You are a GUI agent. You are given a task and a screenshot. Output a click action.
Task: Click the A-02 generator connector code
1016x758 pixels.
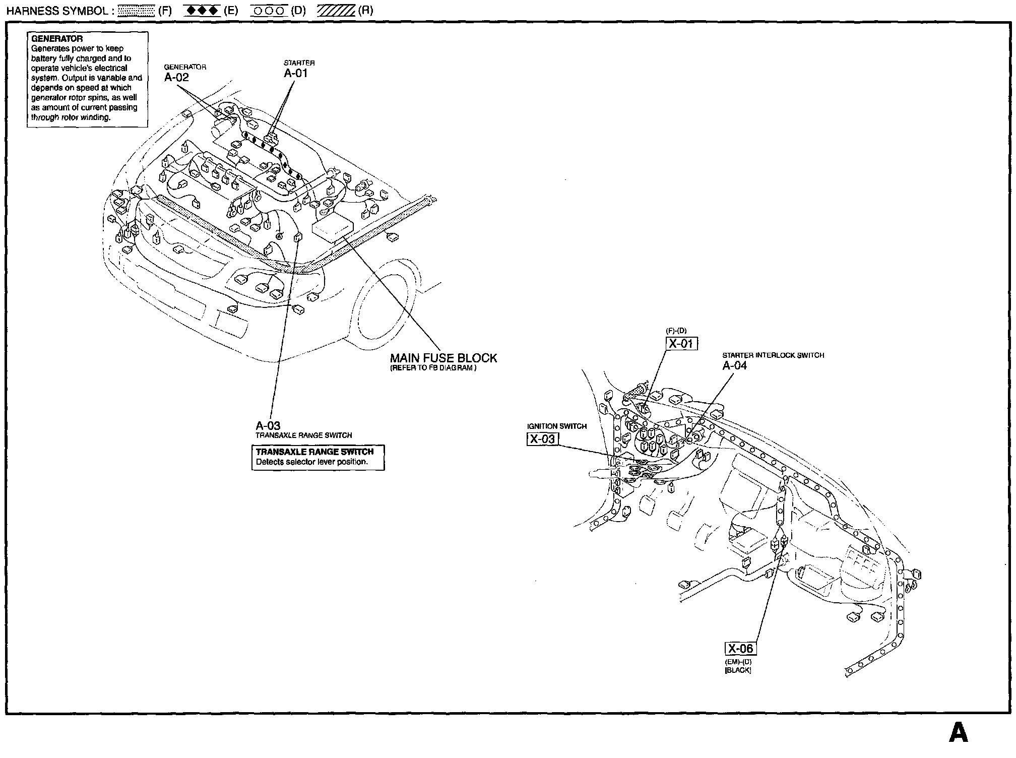click(x=176, y=77)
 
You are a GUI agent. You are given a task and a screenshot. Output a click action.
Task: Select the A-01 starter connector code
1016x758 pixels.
click(x=295, y=73)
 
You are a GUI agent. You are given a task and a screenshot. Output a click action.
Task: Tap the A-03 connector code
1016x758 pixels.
click(x=268, y=425)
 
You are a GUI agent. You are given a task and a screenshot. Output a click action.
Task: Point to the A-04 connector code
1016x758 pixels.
click(x=734, y=365)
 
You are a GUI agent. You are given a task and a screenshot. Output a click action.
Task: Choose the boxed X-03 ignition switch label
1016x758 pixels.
click(x=542, y=439)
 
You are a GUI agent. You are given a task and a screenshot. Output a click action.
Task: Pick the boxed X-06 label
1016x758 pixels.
click(x=740, y=649)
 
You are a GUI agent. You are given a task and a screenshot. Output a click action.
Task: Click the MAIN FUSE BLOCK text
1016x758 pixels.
click(x=443, y=358)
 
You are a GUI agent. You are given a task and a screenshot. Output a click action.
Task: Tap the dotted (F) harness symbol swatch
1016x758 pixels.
click(x=137, y=11)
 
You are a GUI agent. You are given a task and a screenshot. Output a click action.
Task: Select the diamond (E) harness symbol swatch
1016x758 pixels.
click(x=202, y=11)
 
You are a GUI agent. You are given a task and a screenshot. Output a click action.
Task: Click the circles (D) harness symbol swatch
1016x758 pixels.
click(x=269, y=11)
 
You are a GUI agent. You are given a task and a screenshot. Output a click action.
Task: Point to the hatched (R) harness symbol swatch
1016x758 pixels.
click(x=336, y=11)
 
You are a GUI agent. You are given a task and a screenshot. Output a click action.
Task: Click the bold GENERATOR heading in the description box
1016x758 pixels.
click(x=57, y=39)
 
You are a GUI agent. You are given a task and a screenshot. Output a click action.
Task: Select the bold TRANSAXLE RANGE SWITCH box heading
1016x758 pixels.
click(x=314, y=452)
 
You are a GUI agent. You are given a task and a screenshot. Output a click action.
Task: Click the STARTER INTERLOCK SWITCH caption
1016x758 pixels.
click(x=773, y=355)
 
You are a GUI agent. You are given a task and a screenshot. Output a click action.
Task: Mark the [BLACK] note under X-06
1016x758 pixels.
click(x=738, y=670)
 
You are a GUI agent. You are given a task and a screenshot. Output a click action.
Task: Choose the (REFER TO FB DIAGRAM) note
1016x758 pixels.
click(x=433, y=368)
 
